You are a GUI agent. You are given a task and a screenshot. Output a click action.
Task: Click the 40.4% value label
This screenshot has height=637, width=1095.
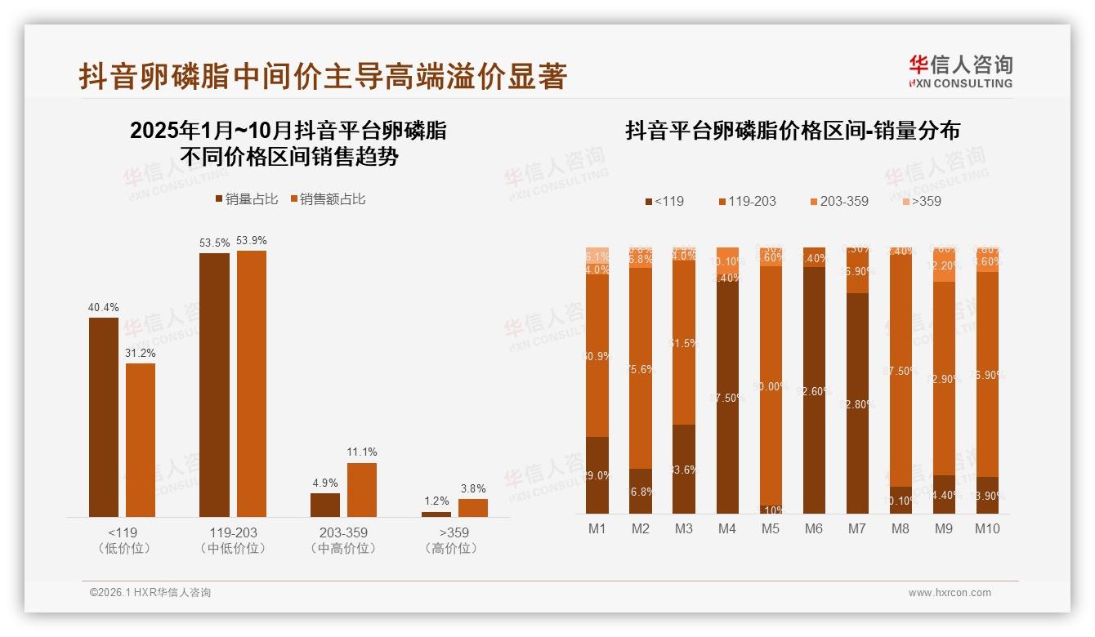pyautogui.click(x=104, y=308)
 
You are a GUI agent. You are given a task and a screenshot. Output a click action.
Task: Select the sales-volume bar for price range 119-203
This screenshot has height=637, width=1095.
pyautogui.click(x=214, y=384)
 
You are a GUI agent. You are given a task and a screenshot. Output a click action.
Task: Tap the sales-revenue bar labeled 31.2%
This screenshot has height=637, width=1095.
pyautogui.click(x=141, y=439)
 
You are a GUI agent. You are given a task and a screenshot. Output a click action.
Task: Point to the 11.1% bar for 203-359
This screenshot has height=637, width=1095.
pyautogui.click(x=362, y=489)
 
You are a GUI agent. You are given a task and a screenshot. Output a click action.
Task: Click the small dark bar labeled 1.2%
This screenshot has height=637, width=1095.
pyautogui.click(x=436, y=514)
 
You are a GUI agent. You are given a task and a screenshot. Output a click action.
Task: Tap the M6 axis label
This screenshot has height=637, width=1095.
pyautogui.click(x=814, y=528)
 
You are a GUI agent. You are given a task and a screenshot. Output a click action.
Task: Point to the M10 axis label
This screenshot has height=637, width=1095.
pyautogui.click(x=986, y=528)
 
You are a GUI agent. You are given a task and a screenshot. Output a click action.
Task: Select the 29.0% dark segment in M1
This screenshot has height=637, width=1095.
pyautogui.click(x=597, y=474)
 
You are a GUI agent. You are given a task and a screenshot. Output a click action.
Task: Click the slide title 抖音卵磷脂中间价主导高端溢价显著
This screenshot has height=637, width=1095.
pyautogui.click(x=323, y=77)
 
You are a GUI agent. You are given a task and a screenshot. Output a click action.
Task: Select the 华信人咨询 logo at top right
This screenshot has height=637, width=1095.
pyautogui.click(x=960, y=71)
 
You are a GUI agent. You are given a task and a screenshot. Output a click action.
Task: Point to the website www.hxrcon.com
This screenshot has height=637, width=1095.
pyautogui.click(x=950, y=593)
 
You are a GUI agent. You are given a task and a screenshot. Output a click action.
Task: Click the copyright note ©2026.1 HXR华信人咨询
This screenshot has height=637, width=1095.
pyautogui.click(x=150, y=593)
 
